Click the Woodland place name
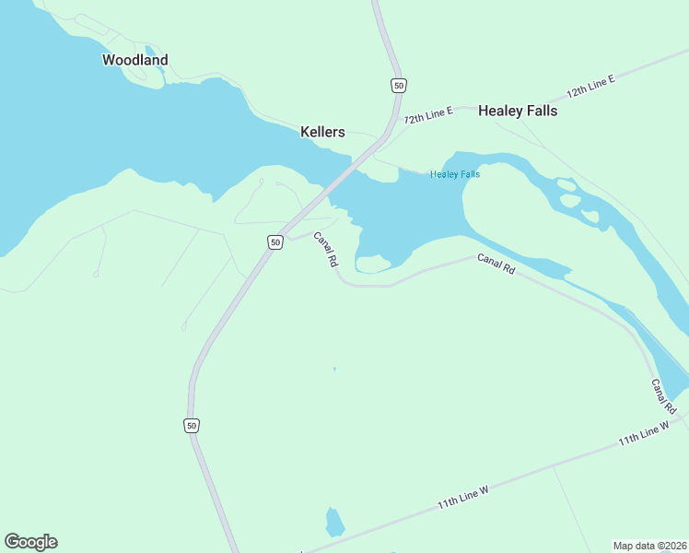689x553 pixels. (x=134, y=60)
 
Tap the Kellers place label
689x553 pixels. (x=322, y=132)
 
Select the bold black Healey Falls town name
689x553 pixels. (x=517, y=111)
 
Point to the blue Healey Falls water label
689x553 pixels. (x=455, y=174)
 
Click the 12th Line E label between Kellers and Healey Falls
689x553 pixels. (x=428, y=115)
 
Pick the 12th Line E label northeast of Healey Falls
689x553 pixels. (x=590, y=88)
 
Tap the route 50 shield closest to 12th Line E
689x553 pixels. (x=397, y=86)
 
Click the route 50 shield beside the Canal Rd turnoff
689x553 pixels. (x=274, y=241)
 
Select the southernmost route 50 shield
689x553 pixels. (x=192, y=425)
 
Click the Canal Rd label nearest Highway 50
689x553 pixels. (x=325, y=249)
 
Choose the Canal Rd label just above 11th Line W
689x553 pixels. (x=664, y=395)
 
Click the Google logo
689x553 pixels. (x=30, y=542)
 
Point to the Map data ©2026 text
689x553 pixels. (x=649, y=545)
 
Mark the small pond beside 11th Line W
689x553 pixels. (x=334, y=523)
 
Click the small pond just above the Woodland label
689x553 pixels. (x=149, y=52)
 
